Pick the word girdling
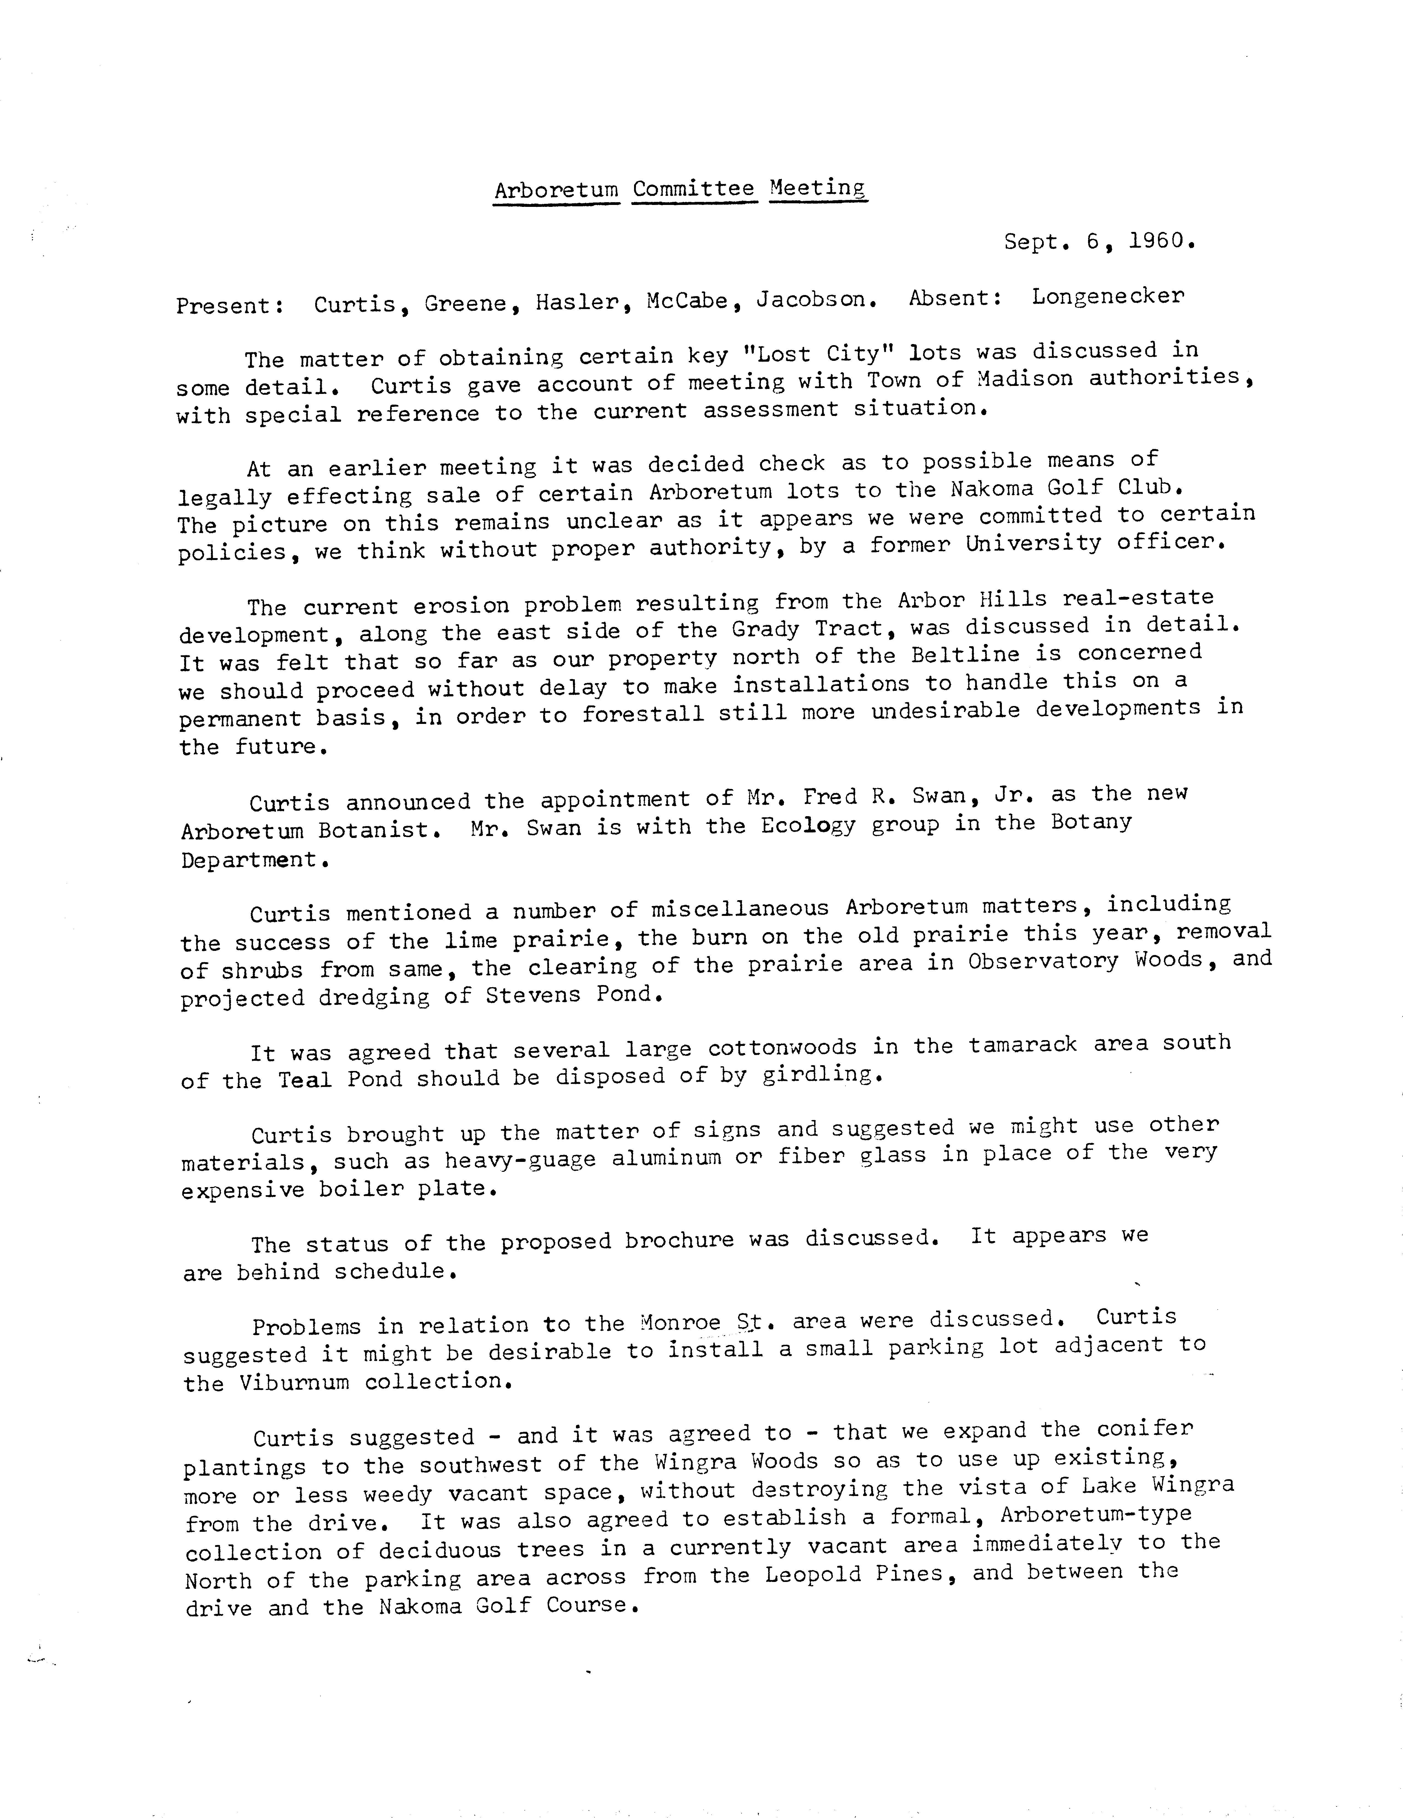coord(821,1075)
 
